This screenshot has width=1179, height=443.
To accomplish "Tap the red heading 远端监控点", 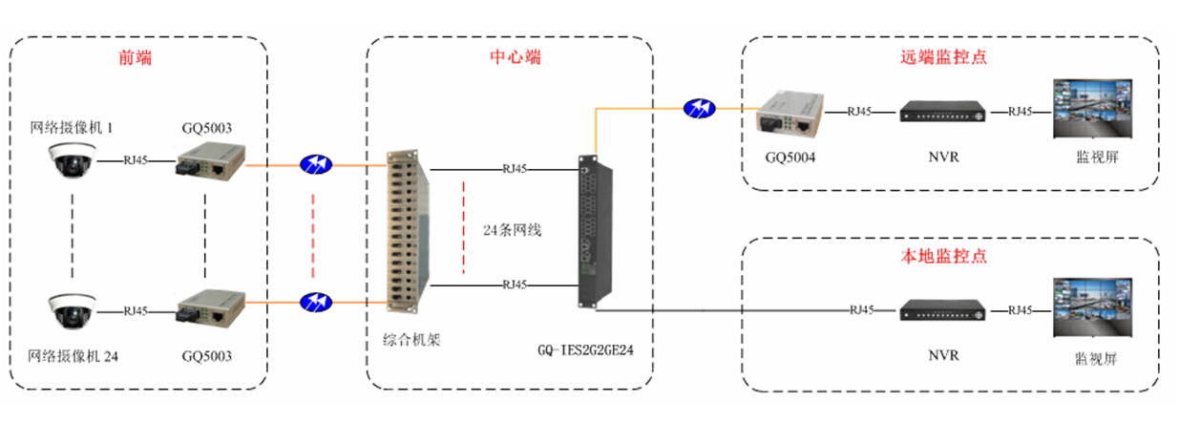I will pyautogui.click(x=942, y=57).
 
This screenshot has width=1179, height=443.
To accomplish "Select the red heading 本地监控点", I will pyautogui.click(x=942, y=256).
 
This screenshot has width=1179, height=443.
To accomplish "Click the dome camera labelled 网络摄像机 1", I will pyautogui.click(x=72, y=160).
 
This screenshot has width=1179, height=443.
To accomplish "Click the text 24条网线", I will pyautogui.click(x=512, y=230).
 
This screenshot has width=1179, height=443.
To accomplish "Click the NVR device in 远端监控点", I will pyautogui.click(x=942, y=113).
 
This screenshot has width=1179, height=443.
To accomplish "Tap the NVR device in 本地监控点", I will pyautogui.click(x=942, y=310).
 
